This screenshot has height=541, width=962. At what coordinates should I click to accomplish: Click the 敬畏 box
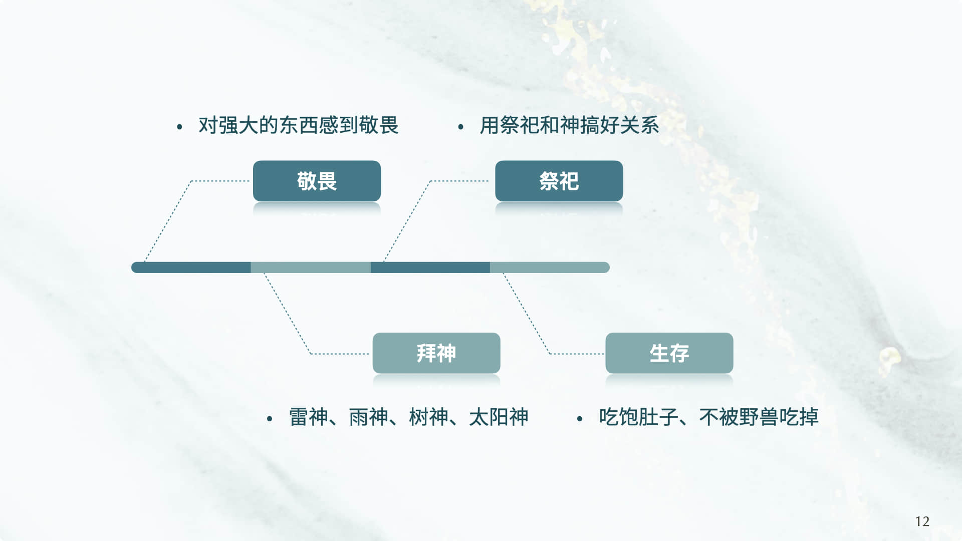(x=317, y=181)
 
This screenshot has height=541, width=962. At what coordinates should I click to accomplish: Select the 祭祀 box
(x=559, y=181)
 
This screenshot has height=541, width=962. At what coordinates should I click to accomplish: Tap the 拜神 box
(x=436, y=353)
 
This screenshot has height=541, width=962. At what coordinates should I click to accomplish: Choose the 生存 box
(x=669, y=353)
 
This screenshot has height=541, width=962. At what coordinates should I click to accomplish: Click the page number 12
(x=922, y=521)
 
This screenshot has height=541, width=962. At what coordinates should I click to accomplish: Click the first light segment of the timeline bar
(x=311, y=267)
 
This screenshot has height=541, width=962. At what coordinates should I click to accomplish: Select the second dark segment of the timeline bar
(x=430, y=267)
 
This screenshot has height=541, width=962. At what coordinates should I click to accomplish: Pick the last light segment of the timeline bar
(x=549, y=267)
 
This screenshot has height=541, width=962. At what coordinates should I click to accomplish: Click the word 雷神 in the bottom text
(x=309, y=417)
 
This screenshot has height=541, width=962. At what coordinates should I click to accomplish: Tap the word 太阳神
(x=499, y=417)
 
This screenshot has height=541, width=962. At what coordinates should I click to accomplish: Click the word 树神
(x=428, y=417)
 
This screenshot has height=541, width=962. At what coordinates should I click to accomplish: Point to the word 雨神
(x=368, y=417)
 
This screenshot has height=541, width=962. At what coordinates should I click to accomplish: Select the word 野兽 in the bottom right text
(x=759, y=417)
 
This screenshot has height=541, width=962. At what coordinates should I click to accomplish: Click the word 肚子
(x=658, y=417)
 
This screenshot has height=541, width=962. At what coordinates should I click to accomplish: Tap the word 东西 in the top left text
(x=299, y=125)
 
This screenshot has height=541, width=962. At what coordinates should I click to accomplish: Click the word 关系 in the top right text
(x=639, y=125)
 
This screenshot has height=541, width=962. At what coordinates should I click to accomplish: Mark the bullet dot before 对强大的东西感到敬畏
(x=179, y=127)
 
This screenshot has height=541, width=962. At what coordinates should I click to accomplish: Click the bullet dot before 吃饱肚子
(x=580, y=419)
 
